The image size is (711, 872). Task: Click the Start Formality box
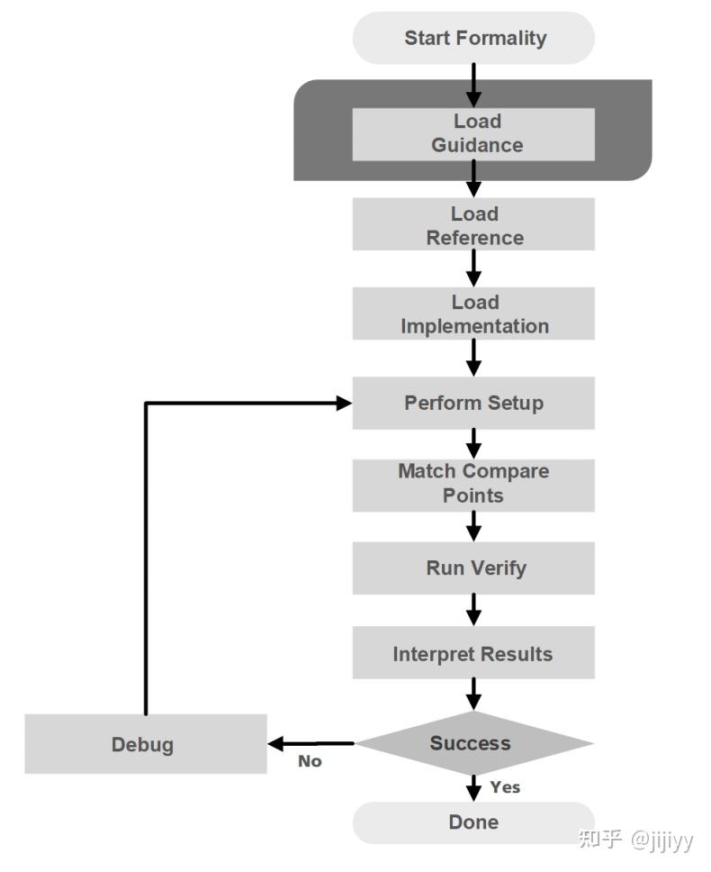click(x=473, y=38)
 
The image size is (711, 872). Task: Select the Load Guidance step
click(x=473, y=133)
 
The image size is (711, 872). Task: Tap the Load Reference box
click(x=473, y=225)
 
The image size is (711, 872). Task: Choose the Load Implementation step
click(x=473, y=313)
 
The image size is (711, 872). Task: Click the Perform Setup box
click(x=473, y=403)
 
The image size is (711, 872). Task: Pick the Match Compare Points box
click(x=473, y=484)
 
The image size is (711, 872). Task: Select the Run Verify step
click(x=473, y=568)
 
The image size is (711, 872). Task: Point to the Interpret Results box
click(x=473, y=654)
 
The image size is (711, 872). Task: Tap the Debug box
click(x=145, y=744)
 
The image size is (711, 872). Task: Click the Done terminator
click(x=473, y=822)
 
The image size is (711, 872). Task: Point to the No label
click(x=310, y=761)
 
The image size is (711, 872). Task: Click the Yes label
click(x=505, y=787)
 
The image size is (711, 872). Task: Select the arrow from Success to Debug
click(x=311, y=744)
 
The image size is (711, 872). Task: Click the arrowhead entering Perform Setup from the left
click(x=343, y=404)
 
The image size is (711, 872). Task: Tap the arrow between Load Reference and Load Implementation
click(x=473, y=268)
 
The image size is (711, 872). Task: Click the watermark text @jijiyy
click(x=661, y=840)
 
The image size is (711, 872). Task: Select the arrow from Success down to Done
click(x=473, y=787)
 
